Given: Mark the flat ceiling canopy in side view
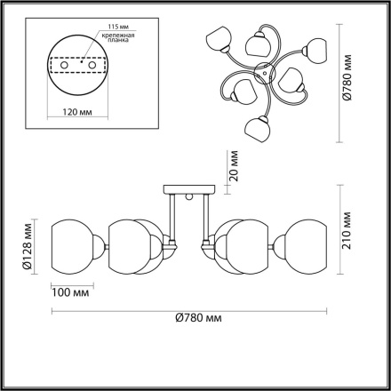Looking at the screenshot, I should [188, 188].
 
